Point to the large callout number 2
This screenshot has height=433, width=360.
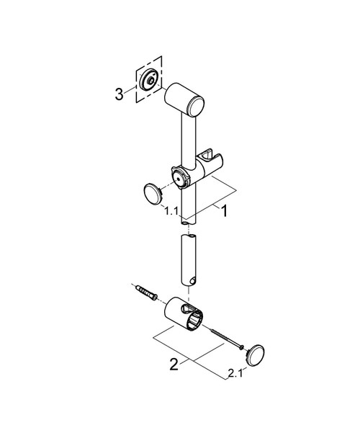pyautogui.click(x=174, y=364)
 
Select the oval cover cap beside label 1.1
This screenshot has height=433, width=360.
pyautogui.click(x=153, y=195)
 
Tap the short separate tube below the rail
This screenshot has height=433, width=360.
pyautogui.click(x=187, y=259)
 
